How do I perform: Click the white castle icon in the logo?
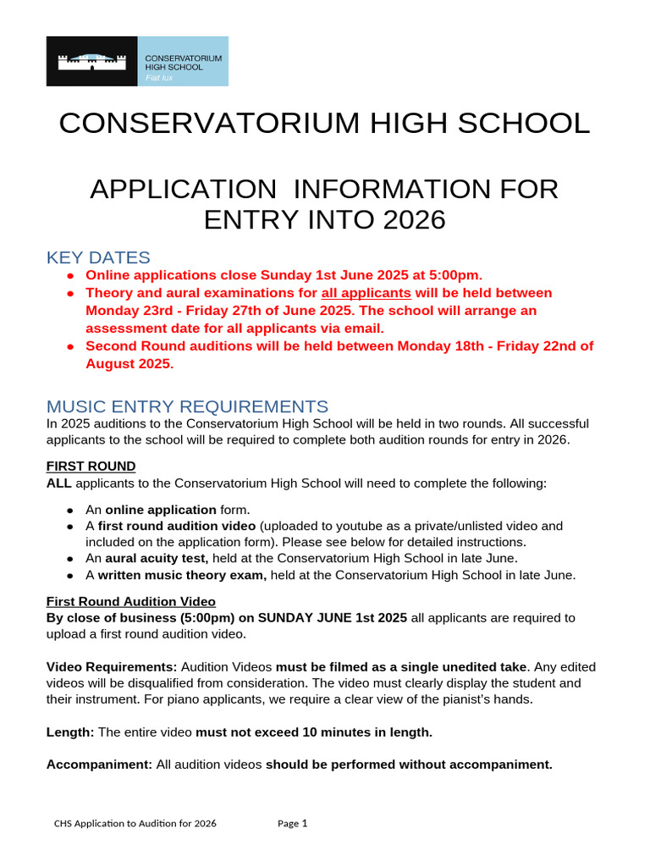click(91, 60)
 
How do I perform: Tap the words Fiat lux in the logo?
click(162, 76)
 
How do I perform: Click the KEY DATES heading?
click(98, 257)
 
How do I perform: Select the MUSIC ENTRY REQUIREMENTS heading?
click(187, 406)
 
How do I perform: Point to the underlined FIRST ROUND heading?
click(91, 467)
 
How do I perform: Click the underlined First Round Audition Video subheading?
click(130, 601)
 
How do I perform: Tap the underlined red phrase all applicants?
click(366, 293)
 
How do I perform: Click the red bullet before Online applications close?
click(72, 276)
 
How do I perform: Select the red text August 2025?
click(129, 364)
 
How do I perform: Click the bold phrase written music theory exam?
click(182, 576)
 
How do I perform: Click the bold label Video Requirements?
click(112, 665)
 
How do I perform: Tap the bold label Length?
click(72, 732)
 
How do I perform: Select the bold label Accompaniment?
click(99, 764)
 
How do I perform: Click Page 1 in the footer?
click(292, 823)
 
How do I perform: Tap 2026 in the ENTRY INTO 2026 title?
click(413, 219)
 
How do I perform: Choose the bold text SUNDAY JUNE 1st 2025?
click(333, 618)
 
